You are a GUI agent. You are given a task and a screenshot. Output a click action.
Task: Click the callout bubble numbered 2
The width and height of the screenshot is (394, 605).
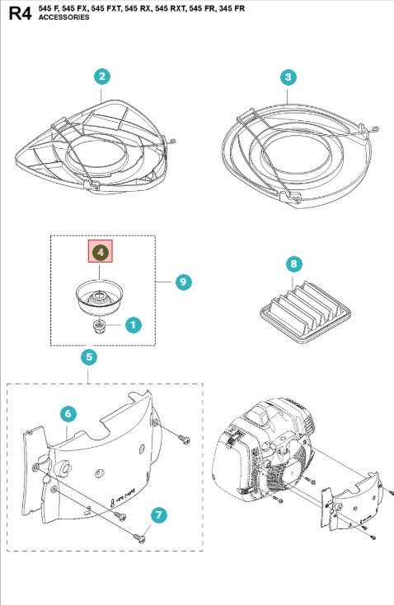(101, 77)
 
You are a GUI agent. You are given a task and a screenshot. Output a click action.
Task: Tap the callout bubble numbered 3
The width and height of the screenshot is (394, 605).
(288, 77)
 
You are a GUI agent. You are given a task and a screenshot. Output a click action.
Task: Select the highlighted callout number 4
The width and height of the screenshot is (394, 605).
(101, 252)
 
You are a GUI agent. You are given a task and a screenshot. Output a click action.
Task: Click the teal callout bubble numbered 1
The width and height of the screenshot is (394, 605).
(133, 325)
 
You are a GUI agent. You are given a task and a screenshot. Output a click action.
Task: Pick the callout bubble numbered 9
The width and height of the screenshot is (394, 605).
(183, 282)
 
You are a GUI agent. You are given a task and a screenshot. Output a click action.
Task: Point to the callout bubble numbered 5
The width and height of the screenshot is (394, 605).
(89, 357)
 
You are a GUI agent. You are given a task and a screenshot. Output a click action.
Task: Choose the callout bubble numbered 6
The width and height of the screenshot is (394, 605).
(68, 413)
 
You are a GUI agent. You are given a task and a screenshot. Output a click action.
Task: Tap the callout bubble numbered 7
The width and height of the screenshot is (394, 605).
(159, 514)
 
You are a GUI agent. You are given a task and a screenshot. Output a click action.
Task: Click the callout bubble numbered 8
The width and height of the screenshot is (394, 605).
(294, 264)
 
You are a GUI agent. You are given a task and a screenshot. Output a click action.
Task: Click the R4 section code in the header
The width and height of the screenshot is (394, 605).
(21, 12)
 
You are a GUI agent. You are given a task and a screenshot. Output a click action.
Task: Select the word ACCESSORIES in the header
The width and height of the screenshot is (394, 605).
(63, 17)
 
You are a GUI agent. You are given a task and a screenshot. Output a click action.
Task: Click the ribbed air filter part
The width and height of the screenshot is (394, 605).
(305, 313)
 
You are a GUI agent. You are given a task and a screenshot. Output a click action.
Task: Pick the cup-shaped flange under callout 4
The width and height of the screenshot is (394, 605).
(99, 297)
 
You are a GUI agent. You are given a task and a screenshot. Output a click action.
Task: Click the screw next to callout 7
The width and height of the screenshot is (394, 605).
(139, 537)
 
